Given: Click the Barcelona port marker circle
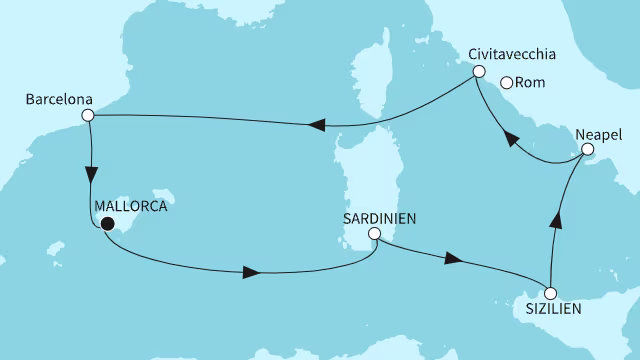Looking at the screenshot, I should (88, 116).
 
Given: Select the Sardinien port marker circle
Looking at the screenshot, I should (374, 234).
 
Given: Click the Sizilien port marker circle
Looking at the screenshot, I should (549, 293).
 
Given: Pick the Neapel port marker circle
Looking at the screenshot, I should (588, 151).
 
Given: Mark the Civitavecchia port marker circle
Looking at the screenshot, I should (478, 72).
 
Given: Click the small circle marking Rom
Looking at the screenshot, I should (507, 83).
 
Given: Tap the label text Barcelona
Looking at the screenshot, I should (55, 100).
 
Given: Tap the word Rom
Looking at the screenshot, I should (533, 83).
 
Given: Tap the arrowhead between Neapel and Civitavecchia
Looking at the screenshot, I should (511, 139).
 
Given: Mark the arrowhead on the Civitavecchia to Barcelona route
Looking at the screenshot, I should (317, 125).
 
